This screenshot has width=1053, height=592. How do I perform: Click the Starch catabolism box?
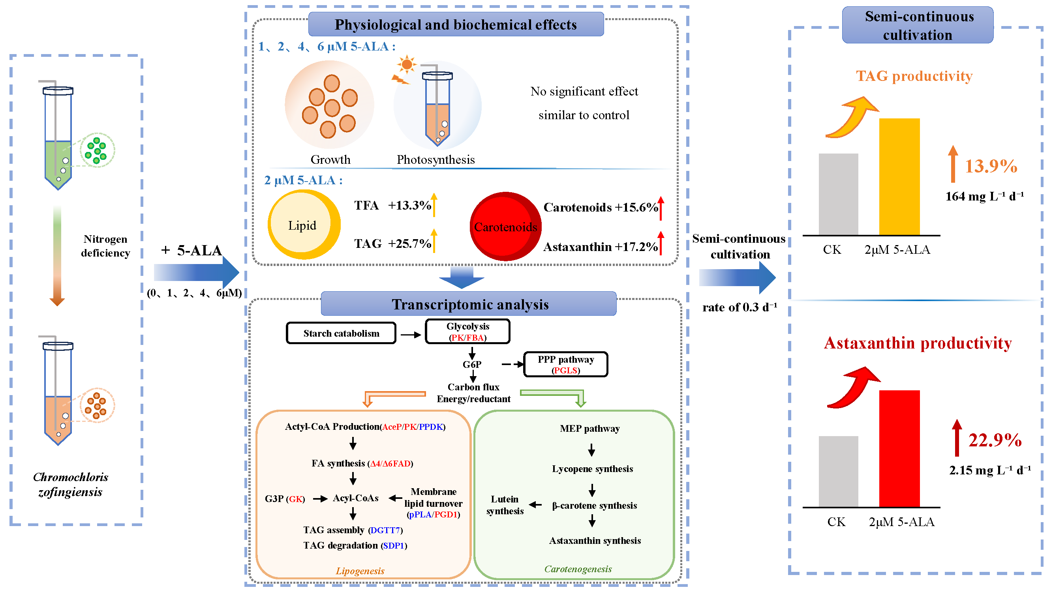click(x=341, y=333)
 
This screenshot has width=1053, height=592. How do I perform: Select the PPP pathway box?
click(x=565, y=364)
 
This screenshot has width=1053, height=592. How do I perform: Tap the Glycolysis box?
click(x=467, y=332)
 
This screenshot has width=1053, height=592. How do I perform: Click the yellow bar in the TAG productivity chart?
click(x=899, y=176)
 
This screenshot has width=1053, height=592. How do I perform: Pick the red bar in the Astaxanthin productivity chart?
click(x=899, y=448)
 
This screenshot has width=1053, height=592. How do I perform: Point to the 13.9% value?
click(x=991, y=166)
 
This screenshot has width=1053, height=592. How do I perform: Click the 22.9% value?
click(x=995, y=440)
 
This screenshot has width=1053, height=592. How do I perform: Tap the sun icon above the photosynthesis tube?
click(x=406, y=64)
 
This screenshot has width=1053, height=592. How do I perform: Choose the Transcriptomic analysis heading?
click(x=470, y=304)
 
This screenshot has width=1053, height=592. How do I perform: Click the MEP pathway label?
click(x=589, y=428)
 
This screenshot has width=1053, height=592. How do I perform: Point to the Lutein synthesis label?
click(x=505, y=505)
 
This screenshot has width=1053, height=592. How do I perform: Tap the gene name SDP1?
click(x=393, y=545)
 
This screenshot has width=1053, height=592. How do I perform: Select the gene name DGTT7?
click(x=385, y=530)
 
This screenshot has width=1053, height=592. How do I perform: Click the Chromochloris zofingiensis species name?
click(x=70, y=484)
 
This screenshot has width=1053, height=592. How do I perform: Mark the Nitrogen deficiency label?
click(x=105, y=245)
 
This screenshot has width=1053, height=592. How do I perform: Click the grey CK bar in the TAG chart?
click(x=838, y=194)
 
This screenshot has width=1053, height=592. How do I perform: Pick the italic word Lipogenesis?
click(x=360, y=571)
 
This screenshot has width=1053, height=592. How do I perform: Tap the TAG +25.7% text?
click(x=392, y=244)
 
